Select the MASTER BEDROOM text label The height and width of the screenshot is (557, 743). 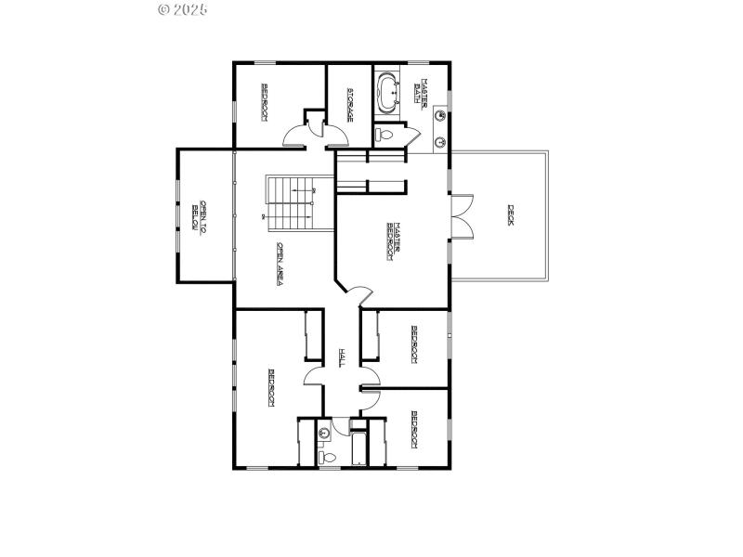pyautogui.click(x=393, y=240)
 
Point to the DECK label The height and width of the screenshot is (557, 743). pyautogui.click(x=510, y=216)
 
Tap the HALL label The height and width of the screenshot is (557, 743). pyautogui.click(x=342, y=357)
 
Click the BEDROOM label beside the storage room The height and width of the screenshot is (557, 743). pyautogui.click(x=265, y=102)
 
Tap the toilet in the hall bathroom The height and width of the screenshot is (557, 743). pyautogui.click(x=326, y=456)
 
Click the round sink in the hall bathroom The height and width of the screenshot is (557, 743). pyautogui.click(x=324, y=432)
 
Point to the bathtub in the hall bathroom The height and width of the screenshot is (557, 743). pyautogui.click(x=357, y=448)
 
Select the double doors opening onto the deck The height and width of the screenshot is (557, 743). pyautogui.click(x=462, y=216)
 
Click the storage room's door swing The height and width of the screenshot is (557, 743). pyautogui.click(x=335, y=135)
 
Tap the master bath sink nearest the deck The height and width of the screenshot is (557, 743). pyautogui.click(x=440, y=141)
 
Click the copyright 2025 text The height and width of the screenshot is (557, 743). pyautogui.click(x=183, y=9)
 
